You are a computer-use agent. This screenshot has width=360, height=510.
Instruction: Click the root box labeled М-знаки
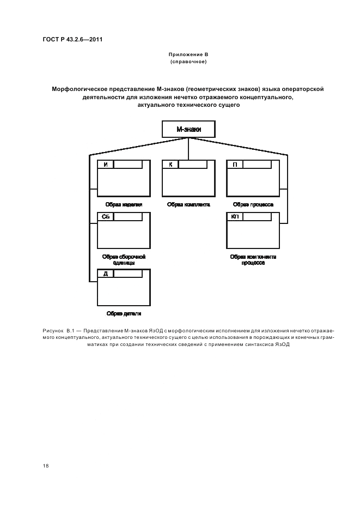click(x=188, y=130)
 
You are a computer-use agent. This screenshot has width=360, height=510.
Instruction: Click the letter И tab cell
click(x=105, y=164)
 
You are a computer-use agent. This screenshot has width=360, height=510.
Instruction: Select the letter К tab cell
click(x=170, y=164)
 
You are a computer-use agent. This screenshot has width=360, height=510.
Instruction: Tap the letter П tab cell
click(x=235, y=164)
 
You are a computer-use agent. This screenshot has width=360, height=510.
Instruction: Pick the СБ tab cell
click(x=106, y=216)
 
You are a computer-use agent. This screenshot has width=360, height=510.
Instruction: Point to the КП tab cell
click(x=235, y=216)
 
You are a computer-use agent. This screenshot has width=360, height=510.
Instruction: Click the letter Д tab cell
click(x=105, y=274)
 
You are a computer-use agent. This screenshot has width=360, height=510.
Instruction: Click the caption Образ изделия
click(x=124, y=204)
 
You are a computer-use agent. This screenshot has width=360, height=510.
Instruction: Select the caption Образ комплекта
click(x=188, y=204)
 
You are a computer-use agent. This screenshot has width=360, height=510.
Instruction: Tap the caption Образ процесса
click(x=253, y=204)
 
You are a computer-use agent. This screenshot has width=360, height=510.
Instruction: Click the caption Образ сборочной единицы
click(x=124, y=259)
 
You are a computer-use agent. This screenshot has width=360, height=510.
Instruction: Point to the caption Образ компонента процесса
click(x=253, y=259)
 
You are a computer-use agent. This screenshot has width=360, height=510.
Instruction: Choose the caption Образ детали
click(x=124, y=313)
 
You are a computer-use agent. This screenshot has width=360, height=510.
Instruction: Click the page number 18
click(x=45, y=466)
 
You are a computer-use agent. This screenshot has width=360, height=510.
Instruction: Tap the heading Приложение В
click(x=188, y=56)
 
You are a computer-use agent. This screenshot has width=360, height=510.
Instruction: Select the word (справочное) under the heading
click(x=188, y=62)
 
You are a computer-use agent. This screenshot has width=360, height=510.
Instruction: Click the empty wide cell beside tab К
click(x=193, y=164)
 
